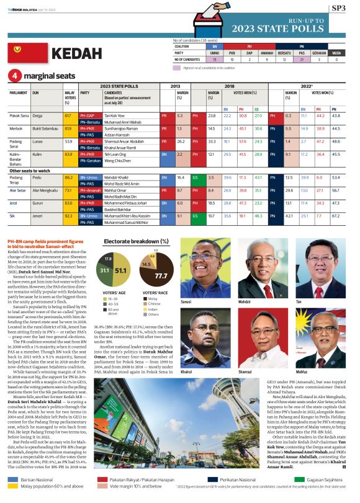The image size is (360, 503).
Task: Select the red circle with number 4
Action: pyautogui.click(x=14, y=76)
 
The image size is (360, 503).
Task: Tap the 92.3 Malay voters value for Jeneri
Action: pyautogui.click(x=68, y=215)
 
